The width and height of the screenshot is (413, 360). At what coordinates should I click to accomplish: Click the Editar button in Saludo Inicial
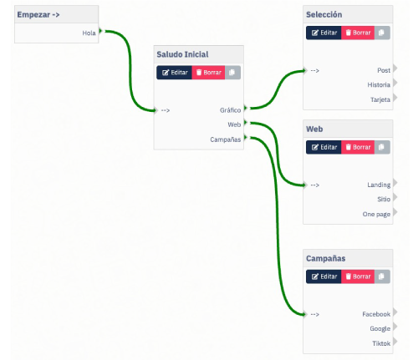pos(174,73)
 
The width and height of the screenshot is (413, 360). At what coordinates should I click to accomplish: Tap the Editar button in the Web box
pos(324,147)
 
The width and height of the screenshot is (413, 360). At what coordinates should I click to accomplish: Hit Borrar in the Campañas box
pos(358,276)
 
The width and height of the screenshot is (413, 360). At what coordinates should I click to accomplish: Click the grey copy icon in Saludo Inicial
pos(232,73)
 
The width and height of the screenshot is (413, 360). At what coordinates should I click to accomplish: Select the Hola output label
pos(89,33)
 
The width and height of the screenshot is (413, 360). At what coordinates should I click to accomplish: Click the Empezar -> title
pos(38,14)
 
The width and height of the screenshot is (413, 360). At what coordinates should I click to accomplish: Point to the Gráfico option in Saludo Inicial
pos(230,110)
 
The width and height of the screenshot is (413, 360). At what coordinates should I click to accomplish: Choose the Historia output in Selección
pos(379,85)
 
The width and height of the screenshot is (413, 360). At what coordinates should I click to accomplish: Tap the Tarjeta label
pos(380,99)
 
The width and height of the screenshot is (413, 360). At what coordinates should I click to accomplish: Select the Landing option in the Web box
pos(379,185)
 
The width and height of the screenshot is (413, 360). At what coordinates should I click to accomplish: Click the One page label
pos(376,214)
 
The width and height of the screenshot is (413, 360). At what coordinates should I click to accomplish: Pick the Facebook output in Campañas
pos(376,314)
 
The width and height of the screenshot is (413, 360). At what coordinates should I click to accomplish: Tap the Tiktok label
pos(381,343)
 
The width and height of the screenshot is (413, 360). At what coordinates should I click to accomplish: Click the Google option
pos(380,329)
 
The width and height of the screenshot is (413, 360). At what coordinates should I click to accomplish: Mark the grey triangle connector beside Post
pos(395,68)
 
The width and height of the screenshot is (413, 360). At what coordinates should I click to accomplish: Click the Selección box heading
pos(324,14)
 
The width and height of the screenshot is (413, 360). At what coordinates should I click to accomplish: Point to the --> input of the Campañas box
pos(314,314)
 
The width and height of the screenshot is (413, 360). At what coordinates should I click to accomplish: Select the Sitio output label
pos(384,200)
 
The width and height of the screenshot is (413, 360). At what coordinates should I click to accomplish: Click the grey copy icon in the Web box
pos(382,147)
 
